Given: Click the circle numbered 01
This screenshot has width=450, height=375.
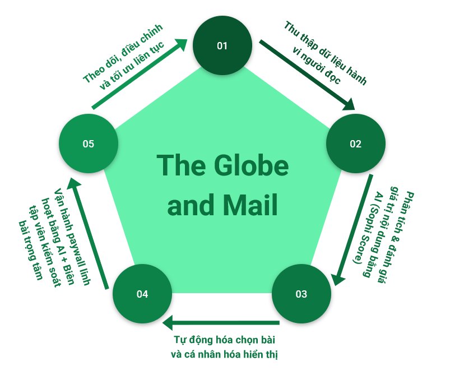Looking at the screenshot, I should pos(222,45).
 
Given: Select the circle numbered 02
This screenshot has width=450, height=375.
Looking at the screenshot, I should pos(356,143).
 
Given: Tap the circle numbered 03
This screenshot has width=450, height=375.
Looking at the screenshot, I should pos(301,294).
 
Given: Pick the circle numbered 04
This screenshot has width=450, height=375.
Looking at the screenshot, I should pos(142,294).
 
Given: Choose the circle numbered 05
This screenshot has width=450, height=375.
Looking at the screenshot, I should pos(88,143).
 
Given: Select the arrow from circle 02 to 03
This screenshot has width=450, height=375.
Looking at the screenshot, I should pos(353,230).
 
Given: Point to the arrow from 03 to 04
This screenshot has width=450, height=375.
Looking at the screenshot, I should pos(221,322).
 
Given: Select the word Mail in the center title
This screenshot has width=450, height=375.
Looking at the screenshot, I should pos(252,206).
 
